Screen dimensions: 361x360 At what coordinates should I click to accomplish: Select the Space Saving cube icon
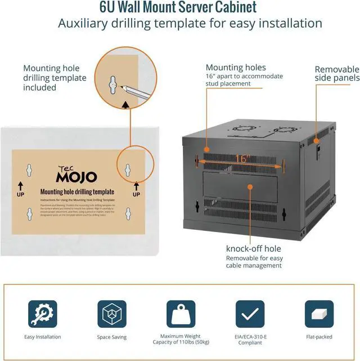pyautogui.click(x=111, y=313)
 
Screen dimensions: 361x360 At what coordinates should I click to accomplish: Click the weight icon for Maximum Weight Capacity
pyautogui.click(x=180, y=313)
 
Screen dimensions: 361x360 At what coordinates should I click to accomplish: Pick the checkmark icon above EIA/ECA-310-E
pyautogui.click(x=250, y=313)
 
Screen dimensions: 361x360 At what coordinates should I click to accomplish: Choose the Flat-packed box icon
pyautogui.click(x=318, y=313)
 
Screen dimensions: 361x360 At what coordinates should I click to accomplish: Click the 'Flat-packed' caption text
pyautogui.click(x=318, y=337)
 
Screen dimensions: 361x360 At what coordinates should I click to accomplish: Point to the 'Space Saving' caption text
pyautogui.click(x=111, y=337)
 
